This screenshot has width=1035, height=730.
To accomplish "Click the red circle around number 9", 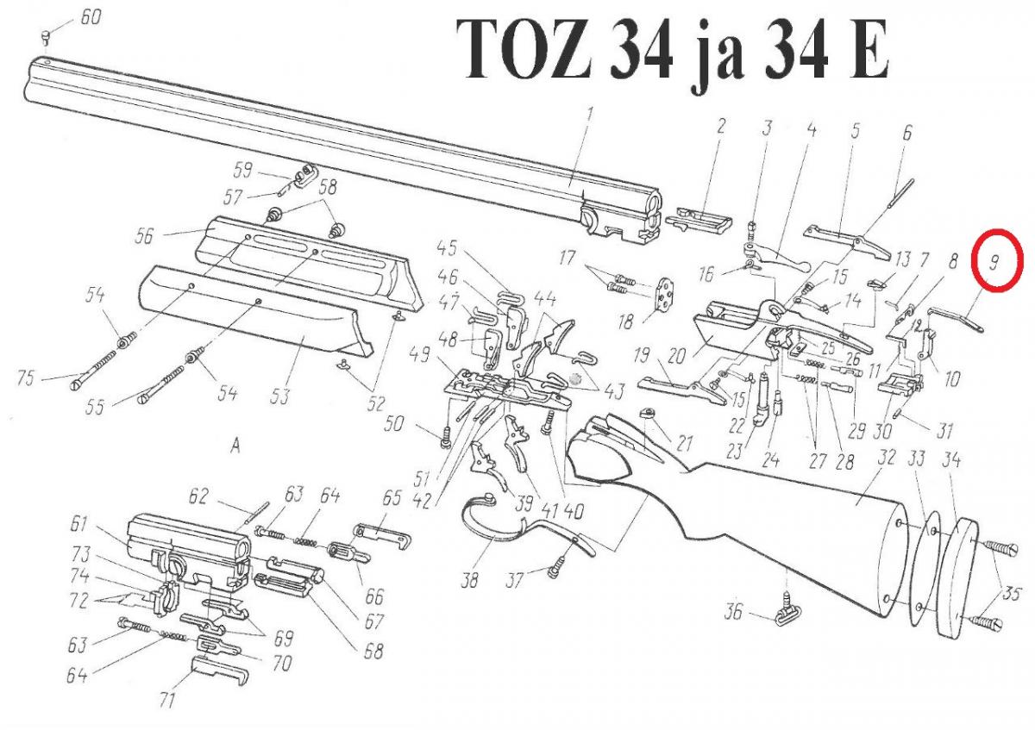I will [995, 259].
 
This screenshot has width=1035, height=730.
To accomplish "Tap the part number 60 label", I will [90, 17].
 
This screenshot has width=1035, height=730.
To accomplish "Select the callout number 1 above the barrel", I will [590, 113].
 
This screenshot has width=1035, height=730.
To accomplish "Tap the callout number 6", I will [906, 133].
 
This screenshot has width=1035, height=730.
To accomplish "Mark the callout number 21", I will [684, 444].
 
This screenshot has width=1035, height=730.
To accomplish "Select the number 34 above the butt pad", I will [951, 460].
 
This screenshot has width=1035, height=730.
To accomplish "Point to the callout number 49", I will [420, 354].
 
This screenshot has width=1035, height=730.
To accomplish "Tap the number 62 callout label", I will [199, 496].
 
